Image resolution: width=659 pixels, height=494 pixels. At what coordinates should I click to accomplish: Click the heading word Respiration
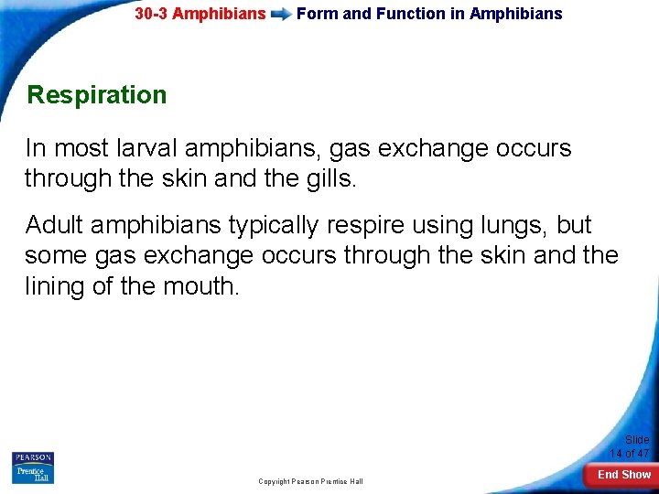(x=97, y=95)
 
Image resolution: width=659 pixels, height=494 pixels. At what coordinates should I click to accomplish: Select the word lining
(x=52, y=285)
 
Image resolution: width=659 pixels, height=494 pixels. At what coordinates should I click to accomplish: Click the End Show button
(x=623, y=475)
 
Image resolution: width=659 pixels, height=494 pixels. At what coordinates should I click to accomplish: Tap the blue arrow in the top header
(x=281, y=15)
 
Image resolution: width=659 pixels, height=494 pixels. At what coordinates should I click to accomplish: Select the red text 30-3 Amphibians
(x=200, y=15)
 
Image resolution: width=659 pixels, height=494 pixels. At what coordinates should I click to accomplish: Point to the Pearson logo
(x=32, y=457)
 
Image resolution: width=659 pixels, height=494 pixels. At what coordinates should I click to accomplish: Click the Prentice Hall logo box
(x=32, y=474)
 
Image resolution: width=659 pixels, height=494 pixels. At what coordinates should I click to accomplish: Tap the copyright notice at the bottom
(x=310, y=481)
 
